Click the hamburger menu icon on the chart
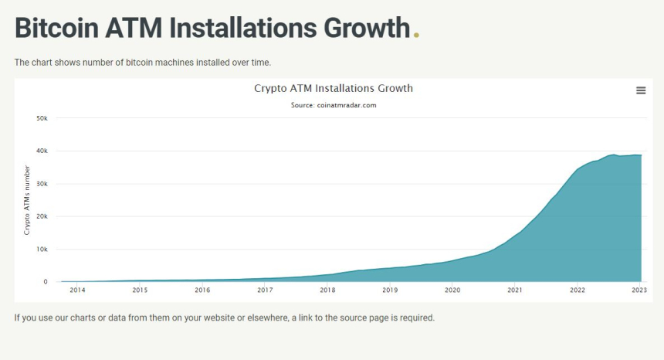click(x=640, y=90)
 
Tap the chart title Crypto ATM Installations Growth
click(x=334, y=88)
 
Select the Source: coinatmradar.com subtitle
click(x=334, y=105)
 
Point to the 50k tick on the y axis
click(x=42, y=118)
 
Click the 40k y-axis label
click(x=42, y=151)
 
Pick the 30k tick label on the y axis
click(x=42, y=184)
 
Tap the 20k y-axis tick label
click(x=42, y=217)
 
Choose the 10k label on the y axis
click(x=42, y=250)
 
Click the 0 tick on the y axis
click(x=45, y=282)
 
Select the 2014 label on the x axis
click(x=77, y=290)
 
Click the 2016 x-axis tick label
click(x=202, y=290)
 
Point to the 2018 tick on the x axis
click(x=327, y=290)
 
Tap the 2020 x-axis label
click(x=452, y=290)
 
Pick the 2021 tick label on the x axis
click(x=515, y=290)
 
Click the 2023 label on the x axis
click(x=639, y=290)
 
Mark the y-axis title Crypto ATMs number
click(x=27, y=200)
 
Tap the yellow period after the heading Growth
click(x=417, y=35)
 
